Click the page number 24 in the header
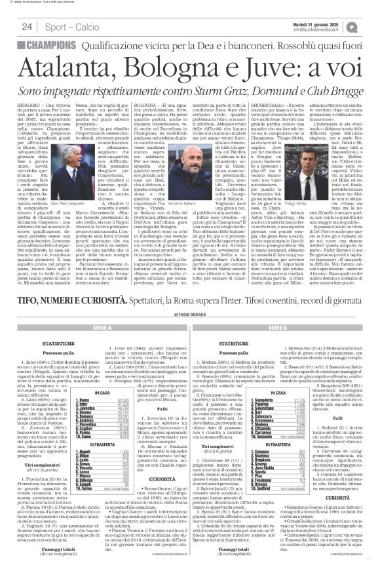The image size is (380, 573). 27,27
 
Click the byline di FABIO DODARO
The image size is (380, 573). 190,332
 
